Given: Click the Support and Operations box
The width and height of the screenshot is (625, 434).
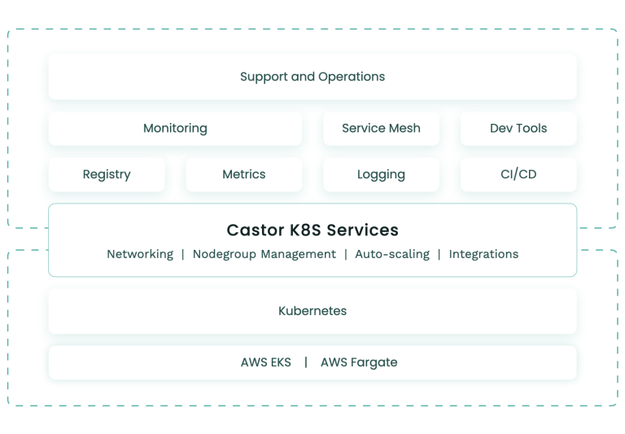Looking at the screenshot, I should pos(312,77).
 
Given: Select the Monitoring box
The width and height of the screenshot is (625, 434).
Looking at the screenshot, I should pos(175,128).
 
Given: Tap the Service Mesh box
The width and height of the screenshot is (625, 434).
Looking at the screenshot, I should pos(381,128).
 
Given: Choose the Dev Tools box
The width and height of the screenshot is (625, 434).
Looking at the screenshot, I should pos(518,128).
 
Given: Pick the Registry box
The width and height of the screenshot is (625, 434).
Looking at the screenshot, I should pos(107,174).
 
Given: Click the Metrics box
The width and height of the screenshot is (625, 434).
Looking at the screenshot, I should pos(244,174).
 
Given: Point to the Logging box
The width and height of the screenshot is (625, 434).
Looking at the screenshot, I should pos(381,174).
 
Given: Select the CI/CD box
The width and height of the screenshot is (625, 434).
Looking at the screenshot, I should pos(518,174).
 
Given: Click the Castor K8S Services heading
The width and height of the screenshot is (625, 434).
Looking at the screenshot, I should pos(312,230).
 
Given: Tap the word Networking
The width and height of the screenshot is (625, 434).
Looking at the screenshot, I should pos(140,254).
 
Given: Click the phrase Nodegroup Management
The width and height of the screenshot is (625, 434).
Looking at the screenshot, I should pos(264,254).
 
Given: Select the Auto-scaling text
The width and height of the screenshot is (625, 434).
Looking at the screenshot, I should pos(392,254).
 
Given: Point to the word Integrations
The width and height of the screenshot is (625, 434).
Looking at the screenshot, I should pos(483,254).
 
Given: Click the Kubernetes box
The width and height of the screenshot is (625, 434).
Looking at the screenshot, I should pos(312,311).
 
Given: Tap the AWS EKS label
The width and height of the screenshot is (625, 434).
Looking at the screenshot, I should pos(265,362).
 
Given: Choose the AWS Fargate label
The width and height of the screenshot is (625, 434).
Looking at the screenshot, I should pos(359,362).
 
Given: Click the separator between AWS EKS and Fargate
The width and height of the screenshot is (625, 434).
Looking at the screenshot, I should pos(306,362).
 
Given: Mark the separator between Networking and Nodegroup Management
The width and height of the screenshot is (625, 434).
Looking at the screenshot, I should pos(183,254).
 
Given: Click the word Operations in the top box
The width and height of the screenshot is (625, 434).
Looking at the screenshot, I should pos(352,77).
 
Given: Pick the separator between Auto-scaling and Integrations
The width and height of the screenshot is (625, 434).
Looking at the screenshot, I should pos(439,254).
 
